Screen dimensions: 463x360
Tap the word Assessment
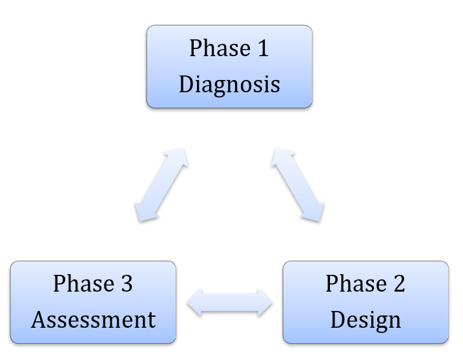93,319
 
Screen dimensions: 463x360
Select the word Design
365,321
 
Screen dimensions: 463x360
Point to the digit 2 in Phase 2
399,283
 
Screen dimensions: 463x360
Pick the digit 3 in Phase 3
127,284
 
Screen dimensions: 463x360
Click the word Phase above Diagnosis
220,48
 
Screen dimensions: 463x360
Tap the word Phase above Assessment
84,283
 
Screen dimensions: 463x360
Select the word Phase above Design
356,283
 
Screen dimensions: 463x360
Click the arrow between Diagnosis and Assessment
161,185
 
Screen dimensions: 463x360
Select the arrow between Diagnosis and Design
298,185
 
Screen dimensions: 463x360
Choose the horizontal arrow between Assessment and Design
229,303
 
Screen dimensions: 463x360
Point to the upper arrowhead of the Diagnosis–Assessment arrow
179,156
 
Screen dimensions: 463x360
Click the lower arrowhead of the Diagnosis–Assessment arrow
144,212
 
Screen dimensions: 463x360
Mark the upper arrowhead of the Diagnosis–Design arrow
280,156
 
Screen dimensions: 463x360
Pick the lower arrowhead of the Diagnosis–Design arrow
314,212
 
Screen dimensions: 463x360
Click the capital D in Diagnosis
187,84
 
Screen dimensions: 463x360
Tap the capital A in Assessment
39,320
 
